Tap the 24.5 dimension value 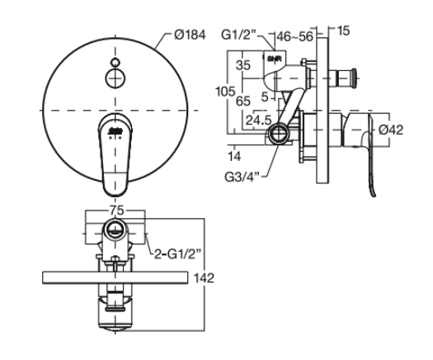tap(256, 120)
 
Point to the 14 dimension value tap(237, 154)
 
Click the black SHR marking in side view tap(275, 59)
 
